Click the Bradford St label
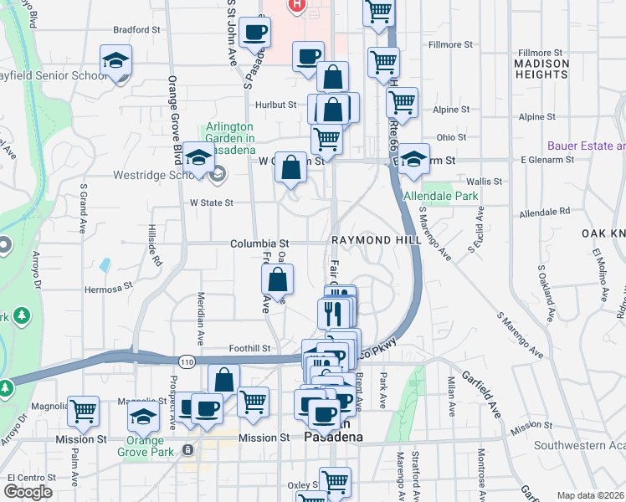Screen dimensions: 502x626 (x=136, y=29)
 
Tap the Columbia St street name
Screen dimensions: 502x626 (x=259, y=242)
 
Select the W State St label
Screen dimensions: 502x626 (x=211, y=202)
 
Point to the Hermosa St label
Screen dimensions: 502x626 (x=108, y=290)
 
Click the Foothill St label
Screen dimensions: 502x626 (x=249, y=348)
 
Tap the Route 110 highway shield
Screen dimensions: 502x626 (x=186, y=360)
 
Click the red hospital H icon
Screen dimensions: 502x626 (x=295, y=6)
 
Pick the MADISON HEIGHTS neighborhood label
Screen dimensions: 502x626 (x=541, y=69)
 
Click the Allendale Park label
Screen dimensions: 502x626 (x=440, y=196)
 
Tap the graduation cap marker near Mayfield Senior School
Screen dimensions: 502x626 (x=115, y=62)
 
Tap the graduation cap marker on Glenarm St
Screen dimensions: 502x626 (x=413, y=160)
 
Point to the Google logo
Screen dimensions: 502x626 (x=28, y=492)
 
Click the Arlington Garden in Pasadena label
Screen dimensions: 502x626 (x=230, y=138)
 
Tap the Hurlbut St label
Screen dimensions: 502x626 (x=276, y=105)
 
